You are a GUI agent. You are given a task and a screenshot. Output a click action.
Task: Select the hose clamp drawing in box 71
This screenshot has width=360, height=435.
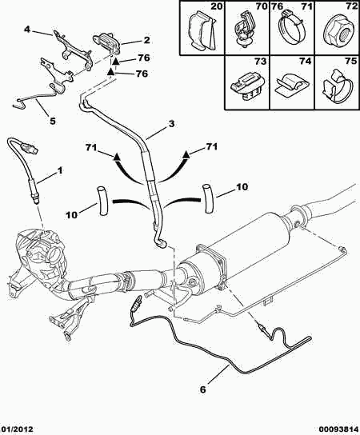click(291, 29)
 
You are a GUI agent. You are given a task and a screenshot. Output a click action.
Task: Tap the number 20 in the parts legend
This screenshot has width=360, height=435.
click(217, 6)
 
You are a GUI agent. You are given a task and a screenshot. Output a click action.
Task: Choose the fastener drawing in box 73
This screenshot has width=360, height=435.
click(247, 86)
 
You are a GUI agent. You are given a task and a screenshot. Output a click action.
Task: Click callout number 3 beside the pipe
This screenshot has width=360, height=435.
click(172, 124)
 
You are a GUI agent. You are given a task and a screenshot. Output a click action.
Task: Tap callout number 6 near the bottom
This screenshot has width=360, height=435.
click(203, 389)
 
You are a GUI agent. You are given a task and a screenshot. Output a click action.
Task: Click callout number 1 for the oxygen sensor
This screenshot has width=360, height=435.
click(60, 170)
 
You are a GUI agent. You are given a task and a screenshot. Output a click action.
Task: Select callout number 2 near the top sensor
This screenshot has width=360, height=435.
click(146, 40)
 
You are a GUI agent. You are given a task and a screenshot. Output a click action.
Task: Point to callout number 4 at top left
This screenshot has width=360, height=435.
click(27, 29)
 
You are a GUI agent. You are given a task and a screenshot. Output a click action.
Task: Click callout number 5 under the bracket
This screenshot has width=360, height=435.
click(52, 121)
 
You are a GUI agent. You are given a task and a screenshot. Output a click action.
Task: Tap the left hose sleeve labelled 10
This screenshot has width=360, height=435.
click(102, 201)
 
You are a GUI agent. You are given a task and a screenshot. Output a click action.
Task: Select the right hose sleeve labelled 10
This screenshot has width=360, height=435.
click(208, 198)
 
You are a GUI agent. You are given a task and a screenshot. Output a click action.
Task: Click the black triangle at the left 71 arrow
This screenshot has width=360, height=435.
click(117, 157)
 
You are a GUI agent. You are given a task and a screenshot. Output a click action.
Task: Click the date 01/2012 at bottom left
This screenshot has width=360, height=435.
click(18, 429)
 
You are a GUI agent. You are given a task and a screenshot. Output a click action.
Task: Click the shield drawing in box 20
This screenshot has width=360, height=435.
click(202, 31)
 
